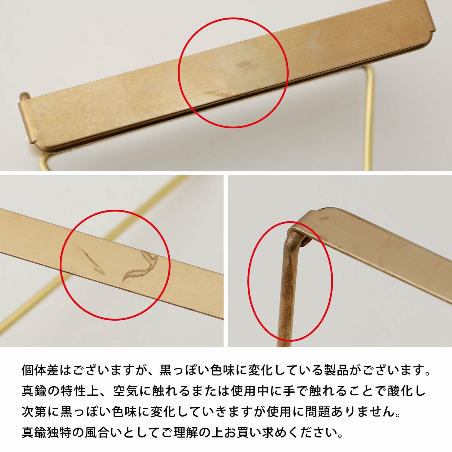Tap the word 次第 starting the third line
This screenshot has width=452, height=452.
click(34, 411)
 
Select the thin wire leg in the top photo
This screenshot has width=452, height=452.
click(369, 118)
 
